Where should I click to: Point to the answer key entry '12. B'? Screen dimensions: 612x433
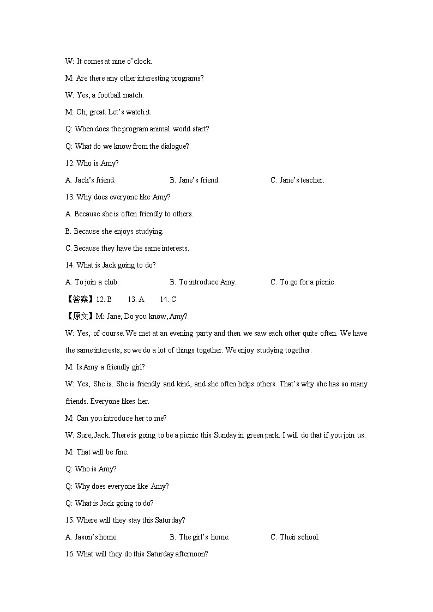(104, 299)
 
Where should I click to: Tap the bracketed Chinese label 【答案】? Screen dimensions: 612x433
(80, 299)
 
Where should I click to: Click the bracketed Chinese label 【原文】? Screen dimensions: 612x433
(80, 316)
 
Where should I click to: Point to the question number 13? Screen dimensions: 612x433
(69, 197)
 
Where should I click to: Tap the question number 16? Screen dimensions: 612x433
(69, 554)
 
